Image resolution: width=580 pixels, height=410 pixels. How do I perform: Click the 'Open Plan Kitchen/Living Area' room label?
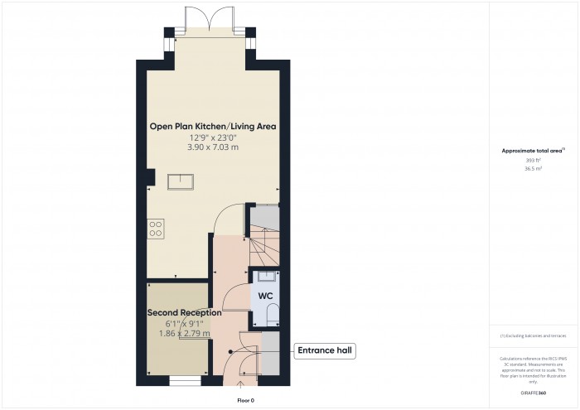[x=212, y=127]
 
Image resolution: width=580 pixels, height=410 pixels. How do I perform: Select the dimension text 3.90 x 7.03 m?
[x=212, y=147]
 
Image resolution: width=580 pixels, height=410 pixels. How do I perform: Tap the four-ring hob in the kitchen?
[x=155, y=228]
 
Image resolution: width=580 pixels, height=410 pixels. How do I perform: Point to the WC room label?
[x=266, y=296]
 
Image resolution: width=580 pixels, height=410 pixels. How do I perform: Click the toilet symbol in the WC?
[x=273, y=313]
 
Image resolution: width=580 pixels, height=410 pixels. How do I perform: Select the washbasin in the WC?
[x=267, y=277]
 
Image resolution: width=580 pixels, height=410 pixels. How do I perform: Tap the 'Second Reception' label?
[x=184, y=313]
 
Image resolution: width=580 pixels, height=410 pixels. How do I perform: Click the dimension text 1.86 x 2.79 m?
[x=185, y=333]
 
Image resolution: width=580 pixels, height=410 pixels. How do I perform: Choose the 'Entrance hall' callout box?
[x=325, y=351]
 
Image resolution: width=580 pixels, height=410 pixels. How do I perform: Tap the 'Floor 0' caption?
[x=245, y=400]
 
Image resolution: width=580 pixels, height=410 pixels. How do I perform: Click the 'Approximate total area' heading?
[x=530, y=150]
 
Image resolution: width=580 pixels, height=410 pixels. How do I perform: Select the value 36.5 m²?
[x=532, y=168]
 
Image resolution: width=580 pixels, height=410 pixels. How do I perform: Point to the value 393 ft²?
[x=532, y=159]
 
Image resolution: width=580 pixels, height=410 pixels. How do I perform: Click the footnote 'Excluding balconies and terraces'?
[x=534, y=335]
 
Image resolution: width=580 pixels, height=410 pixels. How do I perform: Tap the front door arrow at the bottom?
[x=242, y=383]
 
